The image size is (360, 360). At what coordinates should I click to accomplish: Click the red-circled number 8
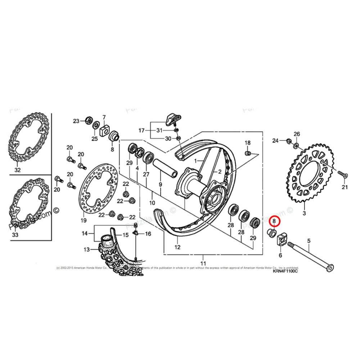tap(274, 221)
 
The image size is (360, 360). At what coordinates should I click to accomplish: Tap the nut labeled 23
tap(87, 121)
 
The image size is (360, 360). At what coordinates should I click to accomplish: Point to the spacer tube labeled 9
tap(165, 169)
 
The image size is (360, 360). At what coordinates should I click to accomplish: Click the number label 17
tap(141, 130)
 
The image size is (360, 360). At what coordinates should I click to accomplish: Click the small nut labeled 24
tap(288, 140)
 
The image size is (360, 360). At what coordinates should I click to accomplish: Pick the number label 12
tap(177, 247)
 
